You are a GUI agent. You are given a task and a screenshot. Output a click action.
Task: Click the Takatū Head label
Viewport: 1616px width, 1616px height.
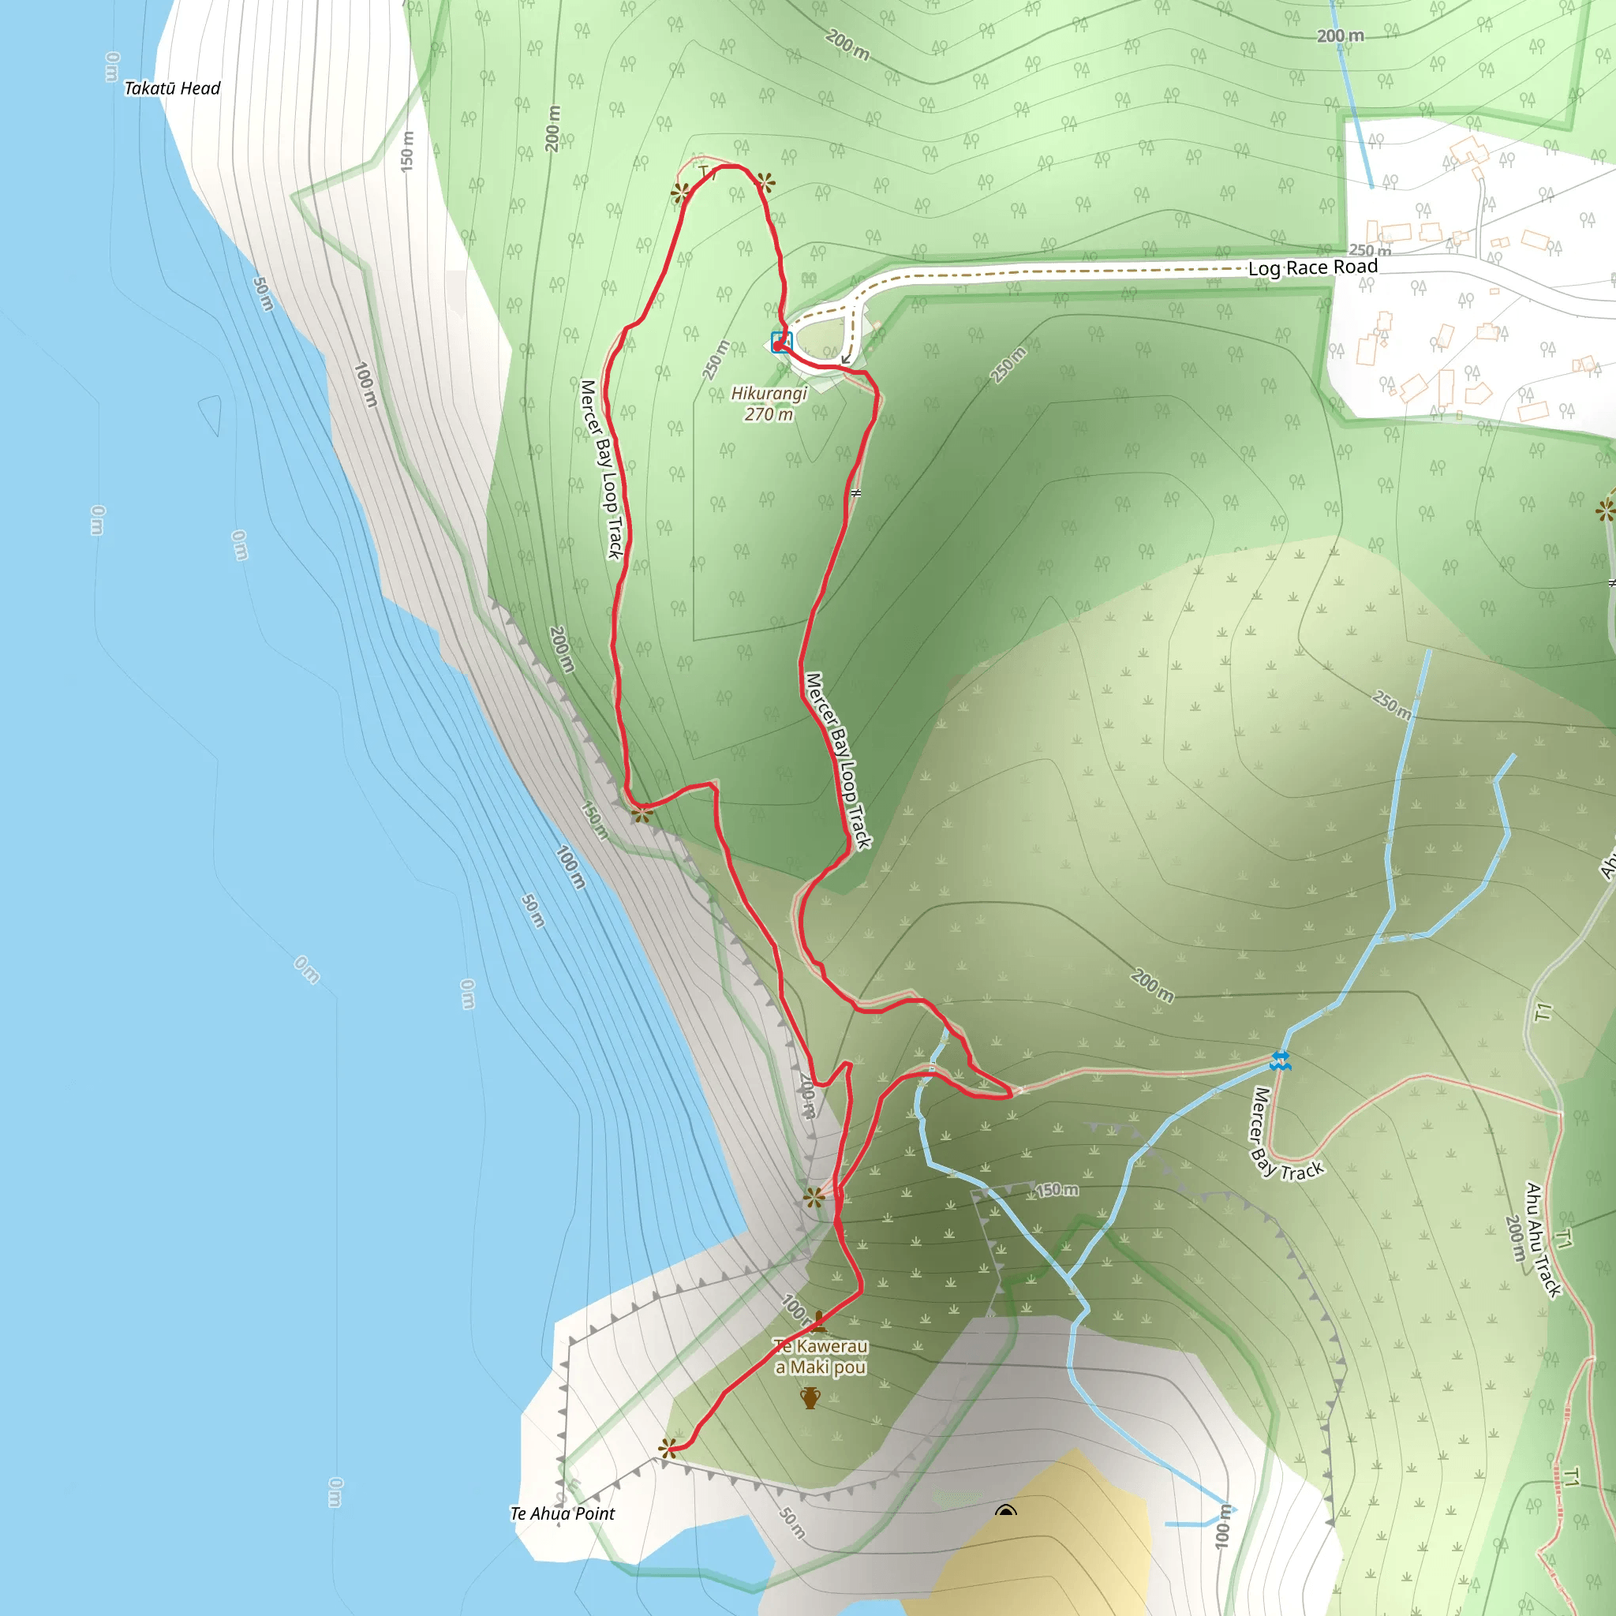click(x=171, y=88)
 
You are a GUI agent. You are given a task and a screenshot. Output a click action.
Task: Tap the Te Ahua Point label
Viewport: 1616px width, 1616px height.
click(x=562, y=1513)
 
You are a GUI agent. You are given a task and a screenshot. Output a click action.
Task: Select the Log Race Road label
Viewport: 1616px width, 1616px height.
click(x=1312, y=267)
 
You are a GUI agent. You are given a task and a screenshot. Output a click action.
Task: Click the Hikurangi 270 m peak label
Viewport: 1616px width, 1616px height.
click(x=769, y=403)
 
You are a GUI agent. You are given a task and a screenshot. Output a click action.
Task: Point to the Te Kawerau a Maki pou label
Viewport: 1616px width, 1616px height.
click(x=820, y=1356)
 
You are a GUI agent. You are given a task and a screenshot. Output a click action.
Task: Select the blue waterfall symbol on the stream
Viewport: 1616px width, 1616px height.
click(x=1280, y=1060)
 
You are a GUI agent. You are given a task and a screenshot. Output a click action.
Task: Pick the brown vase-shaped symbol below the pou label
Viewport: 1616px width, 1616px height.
click(x=810, y=1397)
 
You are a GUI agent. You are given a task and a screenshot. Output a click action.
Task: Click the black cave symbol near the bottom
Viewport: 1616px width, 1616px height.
click(x=1006, y=1509)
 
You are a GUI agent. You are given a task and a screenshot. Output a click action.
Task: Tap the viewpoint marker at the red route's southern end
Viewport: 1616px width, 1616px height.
click(x=668, y=1449)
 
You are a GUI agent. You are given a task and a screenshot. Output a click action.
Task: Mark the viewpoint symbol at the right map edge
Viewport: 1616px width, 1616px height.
click(x=1606, y=511)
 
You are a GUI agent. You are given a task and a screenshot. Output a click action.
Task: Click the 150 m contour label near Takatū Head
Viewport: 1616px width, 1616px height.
click(x=407, y=151)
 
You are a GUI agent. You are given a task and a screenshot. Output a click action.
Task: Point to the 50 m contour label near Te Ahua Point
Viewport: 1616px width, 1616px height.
click(x=792, y=1522)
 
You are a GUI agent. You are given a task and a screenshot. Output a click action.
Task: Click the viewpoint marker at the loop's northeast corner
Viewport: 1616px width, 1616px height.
click(x=765, y=181)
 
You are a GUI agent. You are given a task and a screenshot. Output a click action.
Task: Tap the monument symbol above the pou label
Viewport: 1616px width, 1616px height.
click(x=817, y=1322)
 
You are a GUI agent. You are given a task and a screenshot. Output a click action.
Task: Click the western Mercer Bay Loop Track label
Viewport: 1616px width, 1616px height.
click(x=601, y=469)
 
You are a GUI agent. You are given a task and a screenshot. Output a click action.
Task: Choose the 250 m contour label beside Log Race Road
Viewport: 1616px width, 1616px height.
click(x=1370, y=250)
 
